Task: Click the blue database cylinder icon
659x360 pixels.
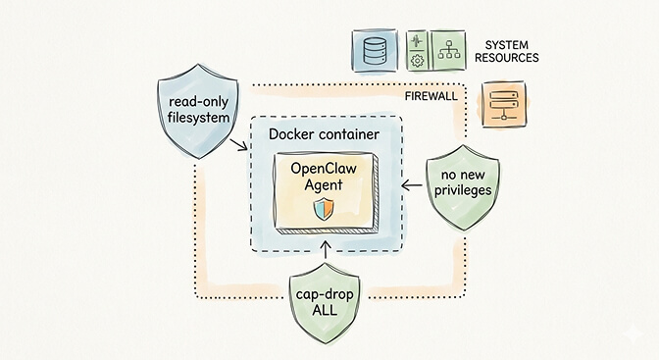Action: pos(375,50)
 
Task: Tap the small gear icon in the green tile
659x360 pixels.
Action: pos(416,61)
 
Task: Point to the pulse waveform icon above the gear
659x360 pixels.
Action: pos(416,42)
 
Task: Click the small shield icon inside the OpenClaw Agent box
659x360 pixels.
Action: pos(323,208)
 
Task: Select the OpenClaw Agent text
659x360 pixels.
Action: pos(324,177)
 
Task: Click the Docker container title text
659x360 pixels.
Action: pos(324,131)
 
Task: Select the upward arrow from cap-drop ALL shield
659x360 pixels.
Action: pos(323,257)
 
